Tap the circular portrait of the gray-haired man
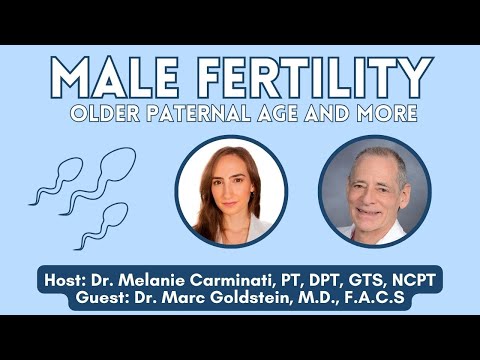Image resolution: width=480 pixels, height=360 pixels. click(x=374, y=191)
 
